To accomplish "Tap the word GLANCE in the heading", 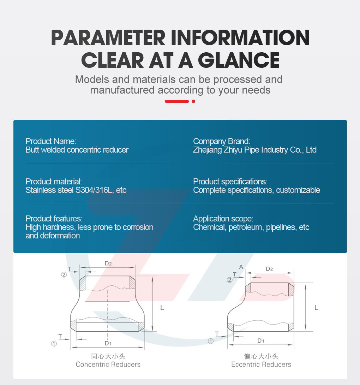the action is (x=239, y=60).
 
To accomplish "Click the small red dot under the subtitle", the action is (x=193, y=101).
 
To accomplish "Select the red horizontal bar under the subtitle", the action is (x=177, y=101).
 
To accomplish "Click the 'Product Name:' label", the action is (x=51, y=141).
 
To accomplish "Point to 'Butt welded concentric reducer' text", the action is (x=77, y=150).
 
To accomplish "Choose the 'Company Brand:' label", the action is (x=222, y=141).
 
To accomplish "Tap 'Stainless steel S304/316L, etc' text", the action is (x=76, y=190).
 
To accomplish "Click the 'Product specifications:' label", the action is (x=230, y=182).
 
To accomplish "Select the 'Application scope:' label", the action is (x=223, y=219).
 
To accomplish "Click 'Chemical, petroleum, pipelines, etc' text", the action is (x=251, y=227).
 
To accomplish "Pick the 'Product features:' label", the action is (x=54, y=219).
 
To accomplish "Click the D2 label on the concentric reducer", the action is (x=108, y=263).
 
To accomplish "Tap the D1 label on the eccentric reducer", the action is (x=261, y=340).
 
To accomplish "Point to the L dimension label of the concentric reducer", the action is (x=162, y=308).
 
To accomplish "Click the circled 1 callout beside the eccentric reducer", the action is (x=211, y=341).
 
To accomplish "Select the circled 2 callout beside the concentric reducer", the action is (x=64, y=275).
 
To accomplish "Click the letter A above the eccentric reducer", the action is (x=241, y=267).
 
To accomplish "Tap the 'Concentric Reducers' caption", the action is (x=108, y=365).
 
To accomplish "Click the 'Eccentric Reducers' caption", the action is (x=261, y=365).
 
